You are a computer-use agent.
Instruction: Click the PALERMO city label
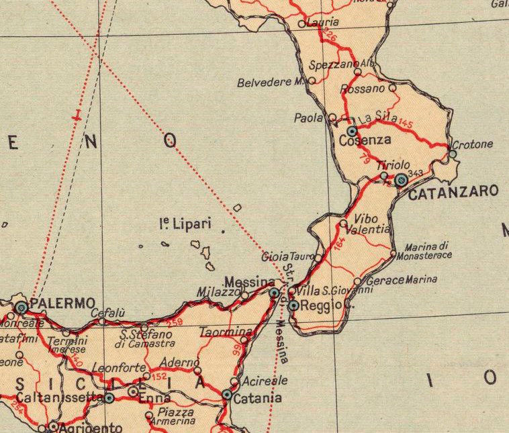pos(62,303)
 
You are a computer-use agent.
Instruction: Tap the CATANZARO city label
pos(453,192)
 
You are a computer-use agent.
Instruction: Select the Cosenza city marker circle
pos(352,131)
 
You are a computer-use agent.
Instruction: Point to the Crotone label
pos(473,144)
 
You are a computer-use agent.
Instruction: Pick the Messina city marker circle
pos(274,293)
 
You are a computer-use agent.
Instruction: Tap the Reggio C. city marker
pos(293,305)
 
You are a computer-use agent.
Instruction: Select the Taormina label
pos(226,332)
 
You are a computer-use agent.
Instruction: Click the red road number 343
pos(415,174)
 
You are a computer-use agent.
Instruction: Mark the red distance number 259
pos(174,323)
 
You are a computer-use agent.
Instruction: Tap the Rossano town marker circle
pos(393,87)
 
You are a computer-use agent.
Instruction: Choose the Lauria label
pos(322,22)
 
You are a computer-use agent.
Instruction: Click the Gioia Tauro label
pos(287,256)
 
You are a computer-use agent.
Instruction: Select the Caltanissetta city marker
pos(109,398)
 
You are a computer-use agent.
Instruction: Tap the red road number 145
pos(405,123)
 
